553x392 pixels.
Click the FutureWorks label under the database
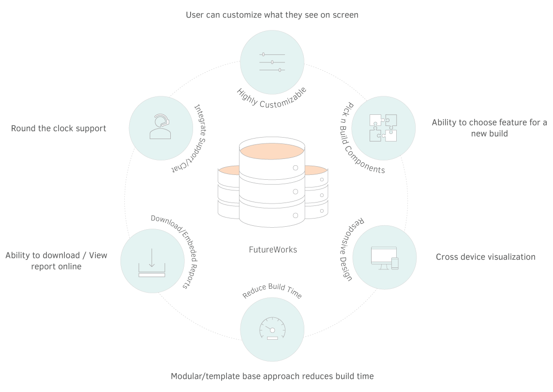[x=272, y=250]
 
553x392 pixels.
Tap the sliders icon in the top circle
[x=272, y=62]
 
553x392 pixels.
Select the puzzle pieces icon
[x=383, y=128]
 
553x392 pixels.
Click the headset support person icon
[x=160, y=126]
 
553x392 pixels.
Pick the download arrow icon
[x=151, y=263]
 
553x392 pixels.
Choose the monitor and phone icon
[x=385, y=258]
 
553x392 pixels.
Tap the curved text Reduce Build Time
[x=272, y=290]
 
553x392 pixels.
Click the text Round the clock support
[x=59, y=128]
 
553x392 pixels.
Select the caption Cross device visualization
[x=486, y=257]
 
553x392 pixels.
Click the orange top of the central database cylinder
[x=272, y=151]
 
